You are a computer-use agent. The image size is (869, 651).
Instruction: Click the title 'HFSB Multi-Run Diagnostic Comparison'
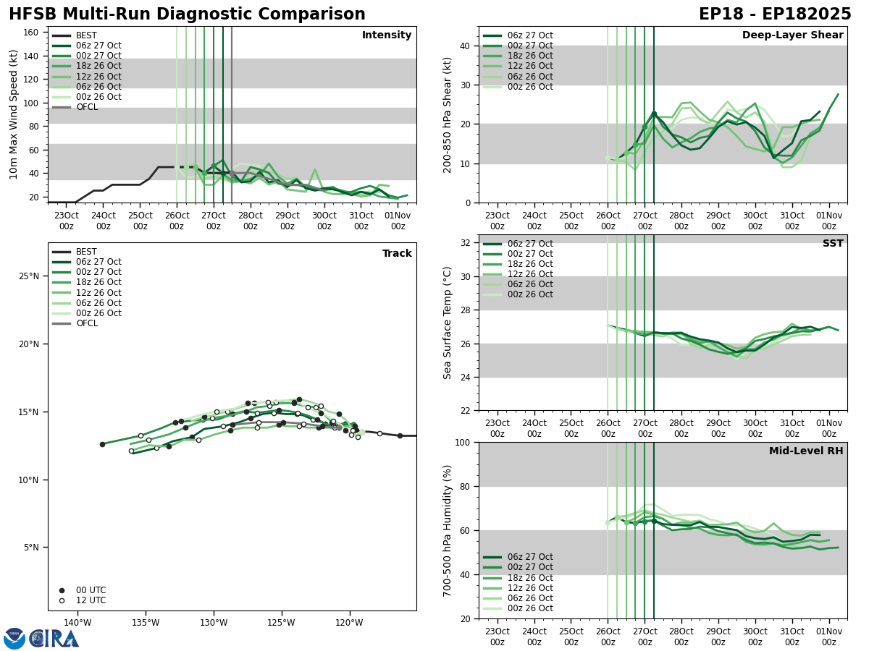pos(187,14)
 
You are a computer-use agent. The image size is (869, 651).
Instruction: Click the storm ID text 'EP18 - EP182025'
pos(775,14)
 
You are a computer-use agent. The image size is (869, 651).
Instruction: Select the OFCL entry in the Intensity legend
pos(87,107)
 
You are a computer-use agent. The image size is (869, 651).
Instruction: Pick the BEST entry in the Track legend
pos(86,252)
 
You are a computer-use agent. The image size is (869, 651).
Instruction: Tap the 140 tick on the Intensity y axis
pos(33,56)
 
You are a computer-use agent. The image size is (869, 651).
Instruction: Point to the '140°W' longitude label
pos(77,623)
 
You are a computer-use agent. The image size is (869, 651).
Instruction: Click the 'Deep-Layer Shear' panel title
pos(792,35)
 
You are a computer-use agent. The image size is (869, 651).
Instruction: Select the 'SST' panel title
pos(832,244)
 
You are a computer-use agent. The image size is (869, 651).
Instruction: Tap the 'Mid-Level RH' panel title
pos(805,451)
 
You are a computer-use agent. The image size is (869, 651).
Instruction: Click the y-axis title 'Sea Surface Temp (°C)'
pos(448,323)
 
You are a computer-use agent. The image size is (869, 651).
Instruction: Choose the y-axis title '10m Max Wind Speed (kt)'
pos(14,114)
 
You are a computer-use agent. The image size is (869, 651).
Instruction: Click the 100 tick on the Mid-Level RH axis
pos(463,442)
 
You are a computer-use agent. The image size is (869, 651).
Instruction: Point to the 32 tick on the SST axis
pos(467,242)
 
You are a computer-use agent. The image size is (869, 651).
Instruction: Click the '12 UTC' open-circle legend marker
pos(62,600)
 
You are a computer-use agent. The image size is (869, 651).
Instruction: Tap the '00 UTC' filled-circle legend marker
pos(62,590)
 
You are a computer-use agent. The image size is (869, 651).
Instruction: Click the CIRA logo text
pos(55,639)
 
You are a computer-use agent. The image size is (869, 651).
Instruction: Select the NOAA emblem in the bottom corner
pos(14,639)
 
